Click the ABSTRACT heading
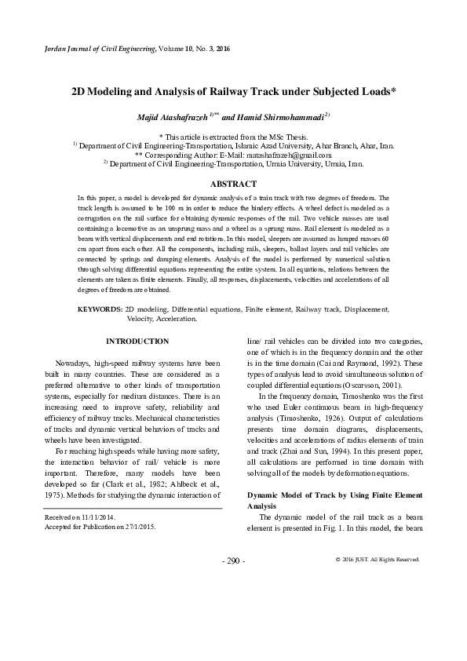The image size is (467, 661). coord(233,183)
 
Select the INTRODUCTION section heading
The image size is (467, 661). coord(137,341)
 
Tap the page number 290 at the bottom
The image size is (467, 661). coord(233,561)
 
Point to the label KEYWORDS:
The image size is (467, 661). coord(100,310)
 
